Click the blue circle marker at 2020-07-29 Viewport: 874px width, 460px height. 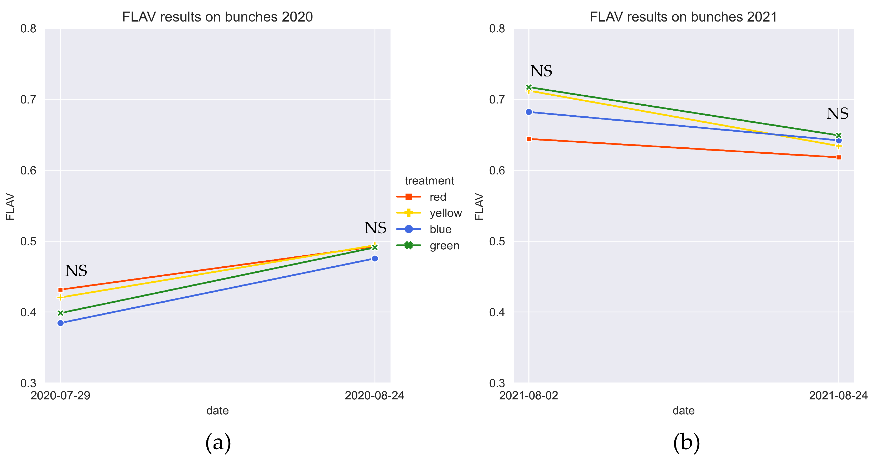coord(60,323)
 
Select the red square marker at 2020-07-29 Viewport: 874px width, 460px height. coord(60,290)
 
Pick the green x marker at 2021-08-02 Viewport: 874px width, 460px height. coord(529,87)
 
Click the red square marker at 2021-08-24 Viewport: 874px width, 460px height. coord(838,157)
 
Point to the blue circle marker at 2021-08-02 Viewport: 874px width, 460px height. coord(529,112)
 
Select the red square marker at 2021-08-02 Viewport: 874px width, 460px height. coord(529,139)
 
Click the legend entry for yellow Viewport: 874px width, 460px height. coord(445,213)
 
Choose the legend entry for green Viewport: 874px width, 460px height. coord(444,245)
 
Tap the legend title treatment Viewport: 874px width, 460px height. coord(429,180)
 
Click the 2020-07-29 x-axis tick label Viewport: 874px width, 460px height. coord(60,395)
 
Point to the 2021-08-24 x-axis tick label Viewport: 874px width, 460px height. coord(838,395)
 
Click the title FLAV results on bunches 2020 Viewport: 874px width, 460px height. coord(217,17)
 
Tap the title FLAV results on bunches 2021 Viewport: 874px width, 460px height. coord(683,17)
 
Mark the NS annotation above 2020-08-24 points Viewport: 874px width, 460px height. coord(375,228)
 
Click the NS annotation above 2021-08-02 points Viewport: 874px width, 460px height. coord(541,71)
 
